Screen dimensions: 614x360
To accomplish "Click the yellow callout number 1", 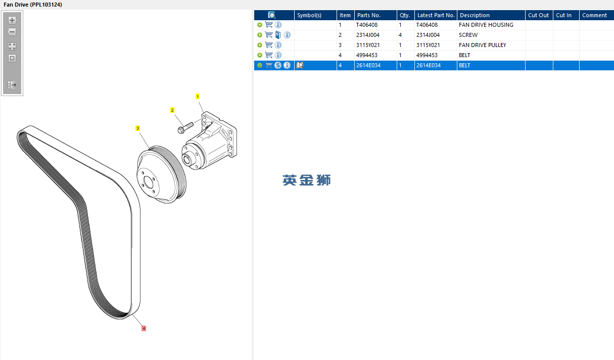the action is (x=198, y=97).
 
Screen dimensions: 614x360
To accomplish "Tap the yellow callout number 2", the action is (x=172, y=110).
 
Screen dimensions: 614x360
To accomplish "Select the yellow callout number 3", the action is (x=137, y=128).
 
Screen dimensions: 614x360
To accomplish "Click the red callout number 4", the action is (x=144, y=328).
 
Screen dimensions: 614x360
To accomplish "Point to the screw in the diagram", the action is (x=185, y=128).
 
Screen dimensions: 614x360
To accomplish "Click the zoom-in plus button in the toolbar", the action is (x=12, y=20).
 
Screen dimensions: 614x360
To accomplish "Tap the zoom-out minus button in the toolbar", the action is (x=12, y=32).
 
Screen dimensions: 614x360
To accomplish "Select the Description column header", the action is (x=475, y=15).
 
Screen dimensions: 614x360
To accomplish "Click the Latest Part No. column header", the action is (x=436, y=15).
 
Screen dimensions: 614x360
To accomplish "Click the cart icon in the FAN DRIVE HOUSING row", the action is (x=269, y=25).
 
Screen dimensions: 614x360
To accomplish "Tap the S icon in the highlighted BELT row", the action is (x=278, y=65).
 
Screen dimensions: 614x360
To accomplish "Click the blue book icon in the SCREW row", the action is (x=278, y=35).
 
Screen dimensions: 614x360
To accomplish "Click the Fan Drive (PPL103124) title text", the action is (x=33, y=5).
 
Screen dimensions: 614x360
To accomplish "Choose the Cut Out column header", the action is (x=538, y=15).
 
